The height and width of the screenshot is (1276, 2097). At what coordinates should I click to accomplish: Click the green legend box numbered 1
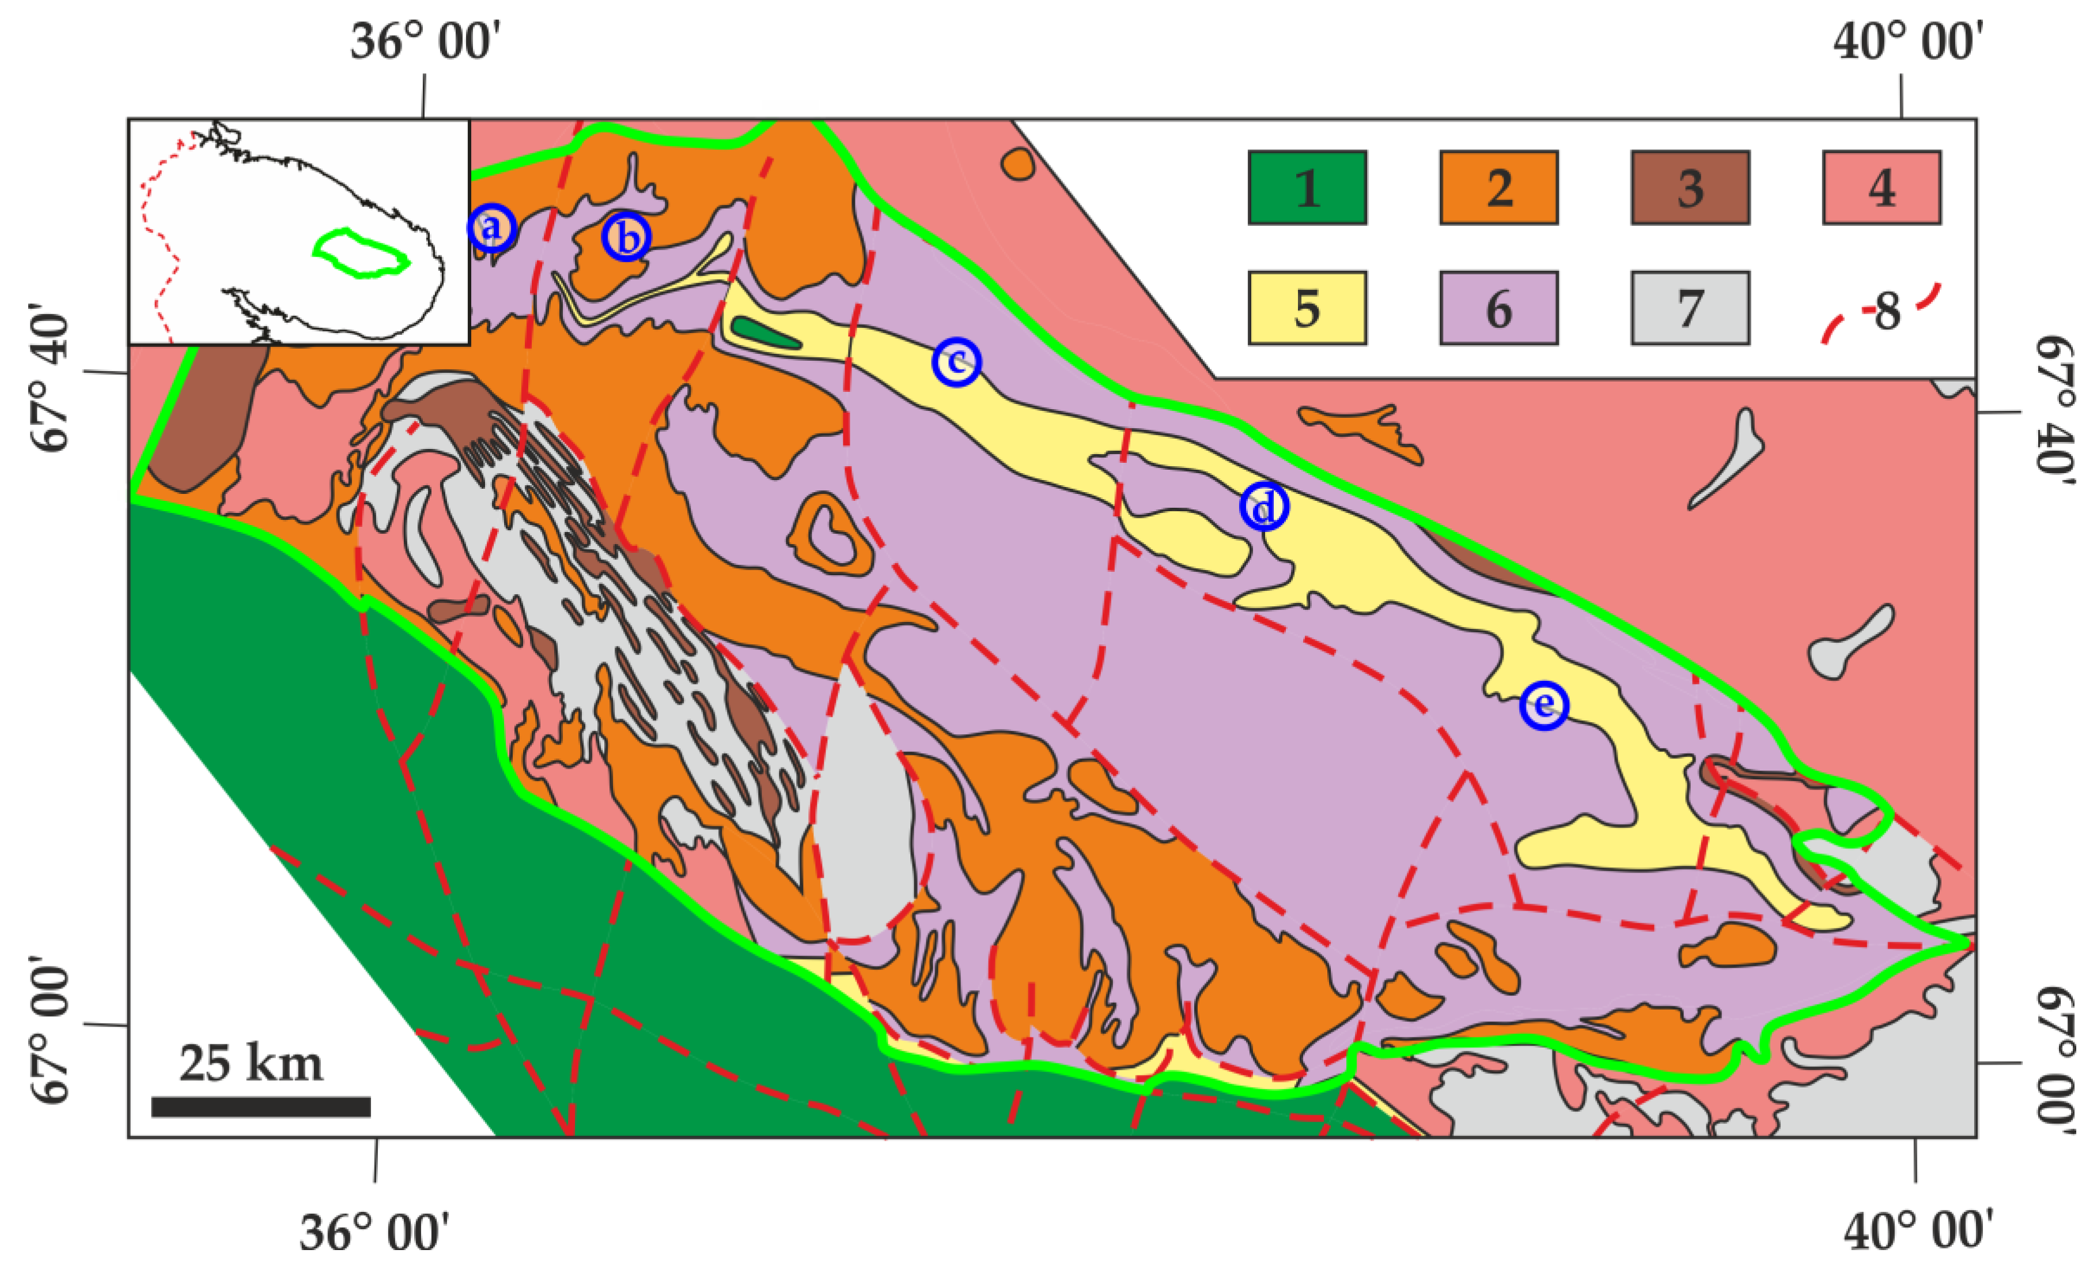pos(1307,187)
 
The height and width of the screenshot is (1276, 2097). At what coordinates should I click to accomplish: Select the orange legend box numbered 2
pos(1498,187)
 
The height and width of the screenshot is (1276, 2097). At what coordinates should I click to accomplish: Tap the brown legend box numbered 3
pos(1690,187)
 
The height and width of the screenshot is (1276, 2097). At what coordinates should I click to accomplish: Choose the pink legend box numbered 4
pos(1882,187)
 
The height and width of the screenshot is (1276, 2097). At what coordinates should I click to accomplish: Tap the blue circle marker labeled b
pos(626,237)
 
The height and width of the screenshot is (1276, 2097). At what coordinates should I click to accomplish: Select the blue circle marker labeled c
pos(956,362)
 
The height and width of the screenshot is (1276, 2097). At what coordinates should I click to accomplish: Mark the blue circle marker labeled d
pos(1264,507)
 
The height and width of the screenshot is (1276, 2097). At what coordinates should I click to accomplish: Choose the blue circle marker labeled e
pos(1544,705)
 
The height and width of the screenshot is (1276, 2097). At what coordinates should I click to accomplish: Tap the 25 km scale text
pos(251,1063)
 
